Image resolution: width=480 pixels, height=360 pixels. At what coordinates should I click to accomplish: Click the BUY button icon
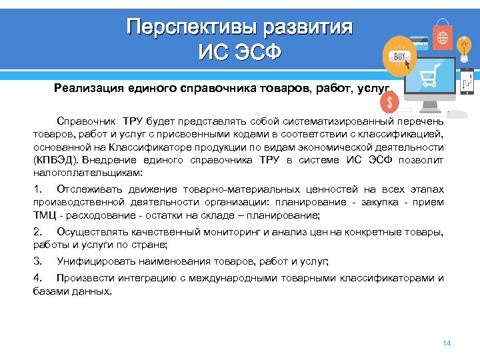coord(400,57)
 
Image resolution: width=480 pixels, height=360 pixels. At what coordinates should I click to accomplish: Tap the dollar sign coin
coord(389,102)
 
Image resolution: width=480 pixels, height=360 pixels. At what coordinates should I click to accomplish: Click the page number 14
coord(447,343)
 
